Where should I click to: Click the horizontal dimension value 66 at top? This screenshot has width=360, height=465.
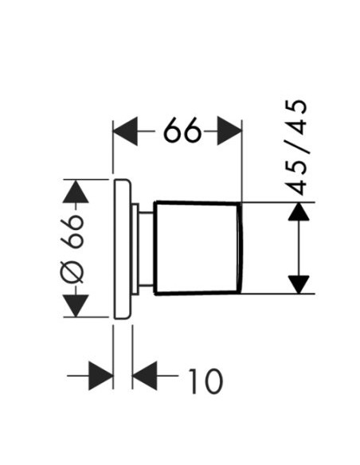(182, 131)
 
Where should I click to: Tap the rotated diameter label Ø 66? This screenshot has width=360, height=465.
(72, 248)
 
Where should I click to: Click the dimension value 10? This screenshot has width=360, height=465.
(205, 381)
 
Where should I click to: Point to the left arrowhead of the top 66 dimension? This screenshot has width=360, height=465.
(125, 131)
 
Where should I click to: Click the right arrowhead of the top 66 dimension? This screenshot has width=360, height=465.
(229, 131)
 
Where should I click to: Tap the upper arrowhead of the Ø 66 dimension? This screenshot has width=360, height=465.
(76, 191)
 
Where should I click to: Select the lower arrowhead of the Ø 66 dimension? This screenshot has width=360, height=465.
(76, 306)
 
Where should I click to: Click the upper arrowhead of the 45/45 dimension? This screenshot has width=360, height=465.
(299, 212)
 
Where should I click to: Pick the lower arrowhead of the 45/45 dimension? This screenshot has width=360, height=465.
(299, 285)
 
